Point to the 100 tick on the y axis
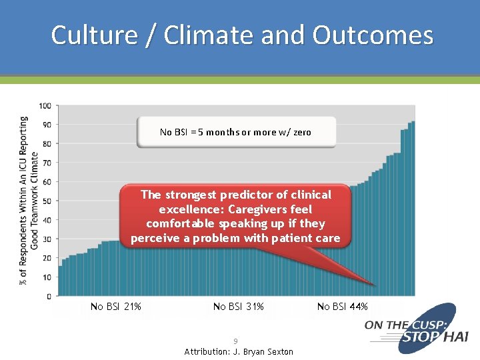pyautogui.click(x=45, y=106)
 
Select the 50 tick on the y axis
pyautogui.click(x=47, y=201)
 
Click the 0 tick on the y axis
pyautogui.click(x=49, y=296)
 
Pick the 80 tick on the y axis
pyautogui.click(x=47, y=144)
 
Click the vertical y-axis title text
pyautogui.click(x=24, y=200)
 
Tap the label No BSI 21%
pyautogui.click(x=116, y=307)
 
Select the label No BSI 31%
pyautogui.click(x=239, y=307)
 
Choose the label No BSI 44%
pyautogui.click(x=342, y=307)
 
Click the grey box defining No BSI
pyautogui.click(x=236, y=132)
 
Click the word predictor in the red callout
pyautogui.click(x=255, y=195)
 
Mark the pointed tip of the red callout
pyautogui.click(x=375, y=285)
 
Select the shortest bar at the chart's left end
pyautogui.click(x=60, y=281)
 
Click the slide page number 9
pyautogui.click(x=235, y=341)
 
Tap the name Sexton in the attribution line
pyautogui.click(x=279, y=351)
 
